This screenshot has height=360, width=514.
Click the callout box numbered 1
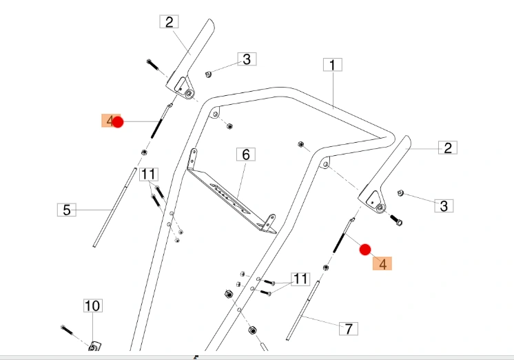pos(333,65)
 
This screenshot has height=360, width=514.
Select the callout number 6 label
pos(246,154)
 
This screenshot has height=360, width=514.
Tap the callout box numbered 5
pos(67,210)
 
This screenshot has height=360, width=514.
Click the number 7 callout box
pos(349,328)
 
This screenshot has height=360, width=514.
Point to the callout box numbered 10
pos(93,306)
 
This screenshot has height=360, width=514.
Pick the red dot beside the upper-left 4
pos(118,122)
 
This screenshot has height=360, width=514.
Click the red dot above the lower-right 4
pos(365,250)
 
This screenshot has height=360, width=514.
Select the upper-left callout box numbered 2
pos(169,21)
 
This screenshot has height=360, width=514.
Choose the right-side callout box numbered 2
pos(448,148)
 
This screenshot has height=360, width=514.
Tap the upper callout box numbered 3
pos(247,59)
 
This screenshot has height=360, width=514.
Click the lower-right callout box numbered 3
pos(444,206)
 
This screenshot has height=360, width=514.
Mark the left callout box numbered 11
pos(149,174)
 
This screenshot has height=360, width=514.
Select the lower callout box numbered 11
pos(300,279)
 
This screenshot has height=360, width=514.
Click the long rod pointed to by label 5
pos(115,208)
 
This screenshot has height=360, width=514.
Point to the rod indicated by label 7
pos(302,310)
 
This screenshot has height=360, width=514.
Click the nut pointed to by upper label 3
pos(208,74)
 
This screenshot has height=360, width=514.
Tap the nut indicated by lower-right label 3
pos(400,193)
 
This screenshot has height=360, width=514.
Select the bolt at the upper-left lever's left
pos(153,65)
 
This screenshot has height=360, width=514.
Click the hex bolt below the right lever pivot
pos(396,220)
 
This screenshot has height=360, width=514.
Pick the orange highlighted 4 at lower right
pos(382,263)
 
